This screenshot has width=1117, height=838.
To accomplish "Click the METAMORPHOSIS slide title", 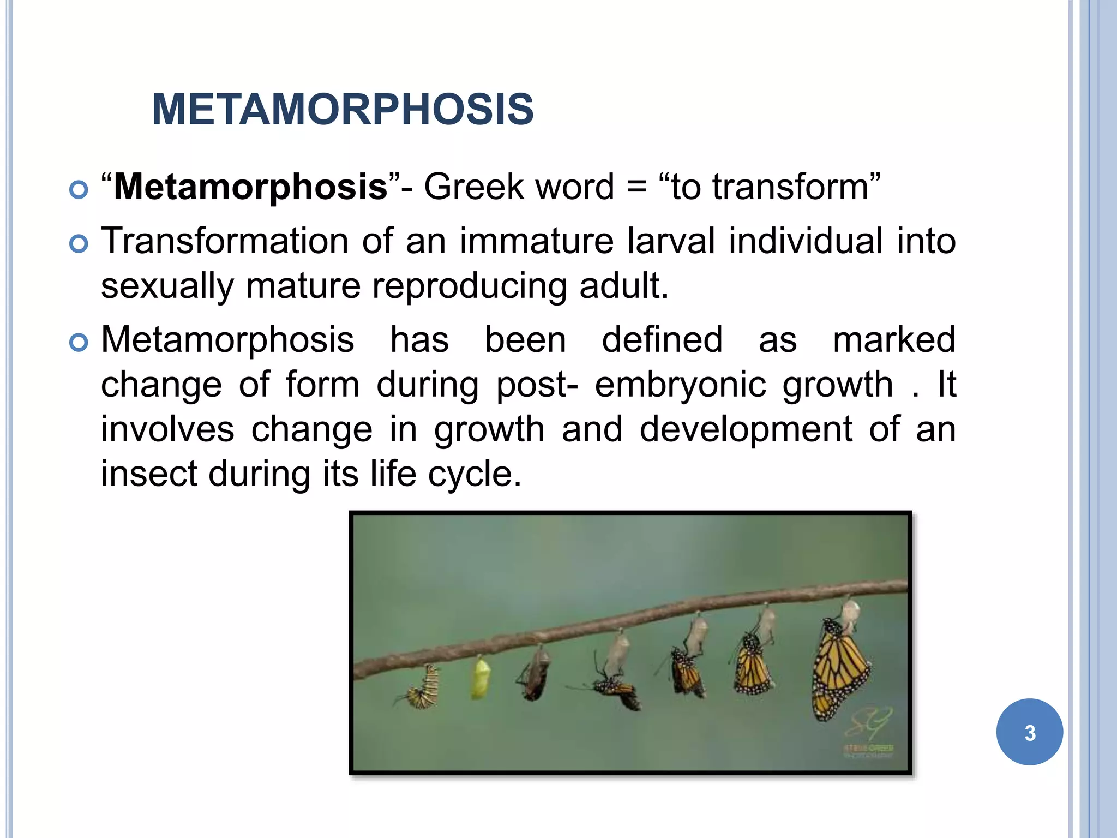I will click(343, 110).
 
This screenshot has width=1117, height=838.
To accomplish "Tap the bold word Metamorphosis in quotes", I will click(250, 187).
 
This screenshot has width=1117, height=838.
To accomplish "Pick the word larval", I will click(670, 241).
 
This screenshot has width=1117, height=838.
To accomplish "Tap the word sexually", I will click(167, 286).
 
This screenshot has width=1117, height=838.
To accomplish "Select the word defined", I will click(662, 340).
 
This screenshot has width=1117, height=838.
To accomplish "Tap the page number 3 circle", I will click(1029, 732).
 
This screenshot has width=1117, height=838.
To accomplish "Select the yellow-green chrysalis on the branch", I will click(480, 678).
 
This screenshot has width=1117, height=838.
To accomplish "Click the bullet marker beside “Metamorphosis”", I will click(79, 190).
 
